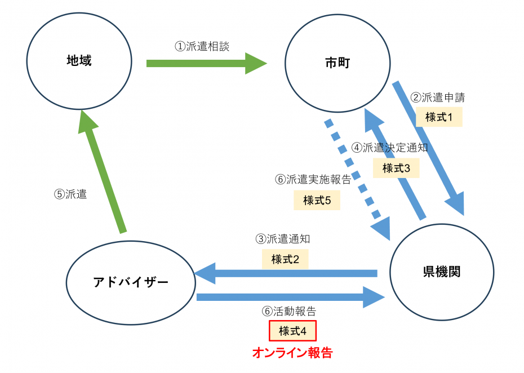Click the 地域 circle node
[x=79, y=61]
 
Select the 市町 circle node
[x=338, y=62]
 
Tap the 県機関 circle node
[x=442, y=272]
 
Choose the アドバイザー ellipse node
[x=131, y=282]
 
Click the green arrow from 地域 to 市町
[x=206, y=63]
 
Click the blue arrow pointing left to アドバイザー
[x=285, y=273]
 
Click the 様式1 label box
[x=439, y=117]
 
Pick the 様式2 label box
[x=285, y=259]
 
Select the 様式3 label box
[x=396, y=168]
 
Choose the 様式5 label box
[x=317, y=200]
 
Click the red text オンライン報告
[x=292, y=353]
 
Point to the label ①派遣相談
[x=202, y=46]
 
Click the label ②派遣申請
[x=438, y=97]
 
